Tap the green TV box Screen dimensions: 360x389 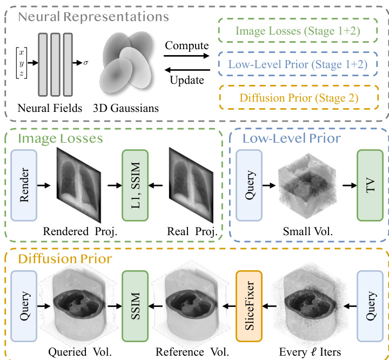370,184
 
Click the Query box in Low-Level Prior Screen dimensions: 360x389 249,184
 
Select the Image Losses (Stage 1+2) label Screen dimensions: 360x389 298,30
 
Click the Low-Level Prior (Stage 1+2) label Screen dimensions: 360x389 298,65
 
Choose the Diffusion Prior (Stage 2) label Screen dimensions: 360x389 298,99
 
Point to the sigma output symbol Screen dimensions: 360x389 85,63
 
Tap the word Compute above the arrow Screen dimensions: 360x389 187,45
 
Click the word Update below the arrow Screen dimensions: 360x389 187,81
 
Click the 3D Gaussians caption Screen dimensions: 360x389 128,108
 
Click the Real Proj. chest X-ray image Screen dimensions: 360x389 192,185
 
